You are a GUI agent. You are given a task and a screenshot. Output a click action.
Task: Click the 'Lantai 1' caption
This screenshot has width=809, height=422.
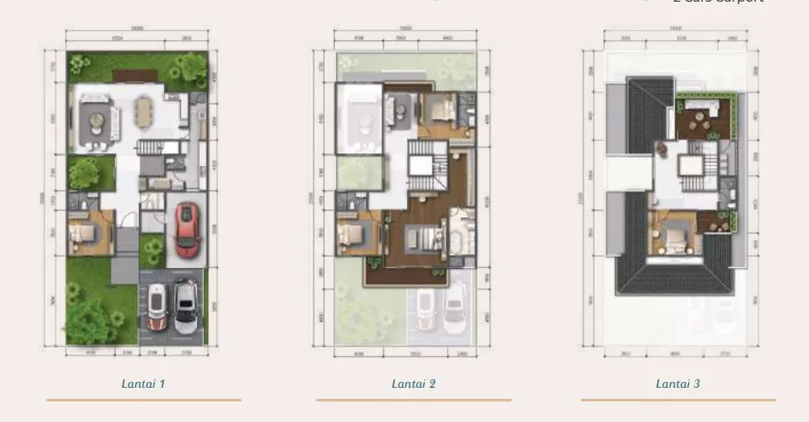tap(143, 383)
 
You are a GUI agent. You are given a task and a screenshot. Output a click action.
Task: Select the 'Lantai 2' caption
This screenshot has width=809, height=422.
tap(413, 383)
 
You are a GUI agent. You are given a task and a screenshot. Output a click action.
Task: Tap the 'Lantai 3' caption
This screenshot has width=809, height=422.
tap(678, 383)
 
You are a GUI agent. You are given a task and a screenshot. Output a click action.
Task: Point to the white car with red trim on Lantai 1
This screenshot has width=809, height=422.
tap(157, 306)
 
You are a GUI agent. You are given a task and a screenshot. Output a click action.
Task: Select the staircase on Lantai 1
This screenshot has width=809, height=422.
tap(151, 147)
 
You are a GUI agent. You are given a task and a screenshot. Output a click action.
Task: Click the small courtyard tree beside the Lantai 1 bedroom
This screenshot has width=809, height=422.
tap(86, 174)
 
